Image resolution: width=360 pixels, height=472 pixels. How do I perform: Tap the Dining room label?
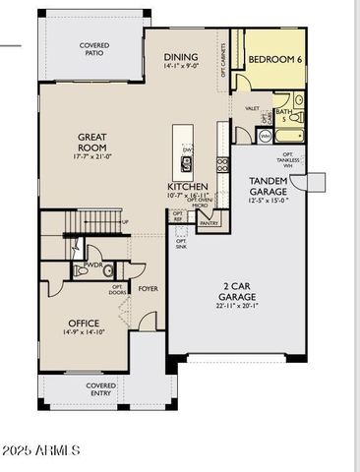(x=180, y=58)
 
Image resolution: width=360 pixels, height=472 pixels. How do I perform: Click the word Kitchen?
(x=186, y=185)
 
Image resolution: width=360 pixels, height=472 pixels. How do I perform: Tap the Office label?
(x=84, y=323)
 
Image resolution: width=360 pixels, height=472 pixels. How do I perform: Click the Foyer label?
(x=148, y=289)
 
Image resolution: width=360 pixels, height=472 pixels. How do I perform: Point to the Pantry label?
(x=209, y=223)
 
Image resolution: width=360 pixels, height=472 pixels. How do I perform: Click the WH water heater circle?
(x=264, y=135)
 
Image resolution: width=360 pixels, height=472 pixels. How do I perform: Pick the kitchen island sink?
(x=183, y=158)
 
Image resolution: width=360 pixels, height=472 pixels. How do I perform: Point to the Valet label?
(x=252, y=108)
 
